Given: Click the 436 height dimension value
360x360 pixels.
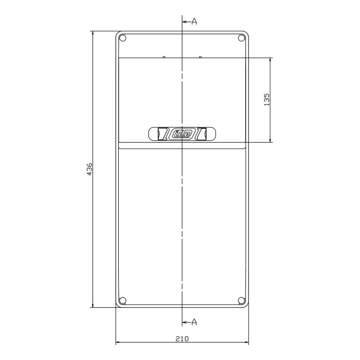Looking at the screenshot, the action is click(90, 169).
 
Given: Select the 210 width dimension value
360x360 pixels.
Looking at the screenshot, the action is click(182, 339).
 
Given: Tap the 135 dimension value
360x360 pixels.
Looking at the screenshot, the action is click(267, 100).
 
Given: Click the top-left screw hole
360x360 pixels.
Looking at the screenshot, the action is click(123, 38).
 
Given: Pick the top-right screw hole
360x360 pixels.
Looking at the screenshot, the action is click(241, 38).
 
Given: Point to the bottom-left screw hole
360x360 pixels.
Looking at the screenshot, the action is click(123, 300).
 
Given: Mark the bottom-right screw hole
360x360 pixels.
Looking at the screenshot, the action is click(241, 300).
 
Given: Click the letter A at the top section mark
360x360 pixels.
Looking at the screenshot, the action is click(194, 22).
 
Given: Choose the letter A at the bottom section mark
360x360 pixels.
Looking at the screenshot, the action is click(194, 322).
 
